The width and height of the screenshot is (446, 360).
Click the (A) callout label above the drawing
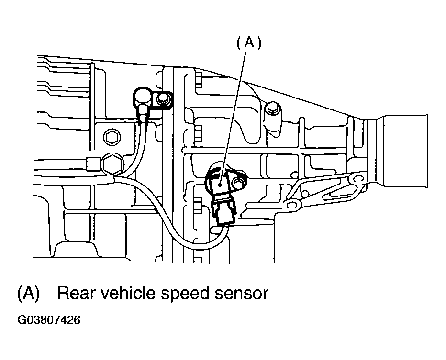pos(249,44)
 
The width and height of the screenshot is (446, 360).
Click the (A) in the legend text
pos(28,294)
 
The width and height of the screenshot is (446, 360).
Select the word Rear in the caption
pos(76,293)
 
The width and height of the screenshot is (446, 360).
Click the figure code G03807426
pos(49,320)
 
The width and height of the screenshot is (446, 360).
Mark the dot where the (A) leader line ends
pos(220,185)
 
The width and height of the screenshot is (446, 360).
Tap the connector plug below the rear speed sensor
pos(224,212)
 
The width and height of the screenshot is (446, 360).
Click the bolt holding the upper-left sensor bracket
pos(163,99)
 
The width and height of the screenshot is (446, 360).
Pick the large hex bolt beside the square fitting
pos(112,164)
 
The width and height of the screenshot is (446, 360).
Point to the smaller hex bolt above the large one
pos(111,138)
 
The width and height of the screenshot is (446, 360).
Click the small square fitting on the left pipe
pos(92,164)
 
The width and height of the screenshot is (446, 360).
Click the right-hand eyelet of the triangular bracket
pos(356,179)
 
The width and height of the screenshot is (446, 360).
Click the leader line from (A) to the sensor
pos(232,118)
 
